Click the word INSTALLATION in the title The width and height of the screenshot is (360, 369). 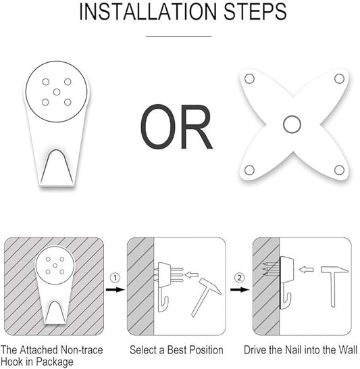click(148, 11)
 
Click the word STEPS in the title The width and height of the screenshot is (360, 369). click(255, 11)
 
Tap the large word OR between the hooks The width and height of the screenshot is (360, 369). click(176, 126)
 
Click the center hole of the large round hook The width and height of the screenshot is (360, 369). click(57, 92)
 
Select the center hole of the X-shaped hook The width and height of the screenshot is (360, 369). click(292, 124)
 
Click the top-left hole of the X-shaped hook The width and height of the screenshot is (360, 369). click(249, 78)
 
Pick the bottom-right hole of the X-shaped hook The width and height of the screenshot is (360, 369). click(339, 170)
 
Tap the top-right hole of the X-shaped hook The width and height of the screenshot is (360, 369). click(339, 78)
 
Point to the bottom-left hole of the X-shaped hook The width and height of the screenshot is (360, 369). click(249, 170)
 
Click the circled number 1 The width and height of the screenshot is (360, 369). click(115, 278)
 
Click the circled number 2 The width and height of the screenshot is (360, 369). click(239, 278)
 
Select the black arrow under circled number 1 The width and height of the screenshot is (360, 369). click(115, 289)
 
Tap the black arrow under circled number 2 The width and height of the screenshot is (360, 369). click(240, 289)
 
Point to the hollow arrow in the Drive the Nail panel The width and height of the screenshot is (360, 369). click(306, 270)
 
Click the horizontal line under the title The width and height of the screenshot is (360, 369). click(179, 36)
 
